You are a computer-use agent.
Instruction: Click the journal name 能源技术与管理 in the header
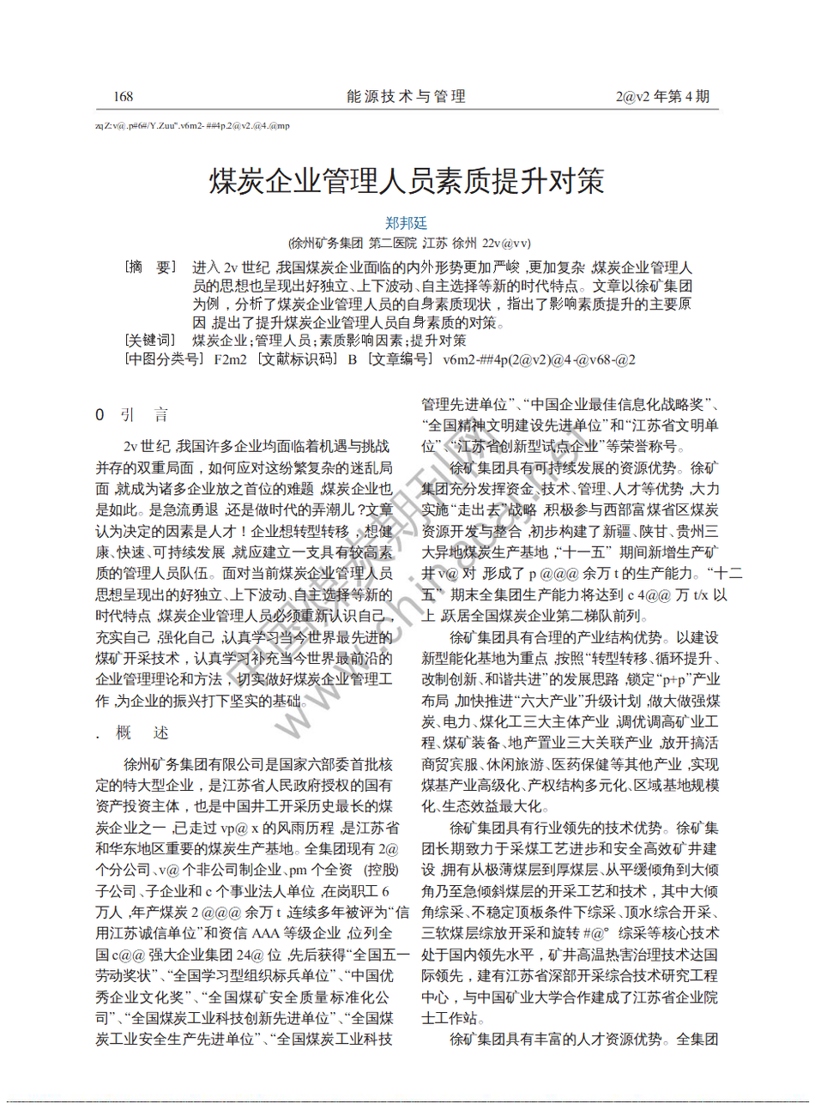[406, 97]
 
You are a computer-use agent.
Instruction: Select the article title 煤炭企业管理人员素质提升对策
[407, 181]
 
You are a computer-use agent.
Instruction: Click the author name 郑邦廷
[406, 223]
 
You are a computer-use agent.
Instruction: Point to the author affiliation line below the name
[408, 244]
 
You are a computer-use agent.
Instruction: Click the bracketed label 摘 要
[150, 268]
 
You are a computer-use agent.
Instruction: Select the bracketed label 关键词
[150, 341]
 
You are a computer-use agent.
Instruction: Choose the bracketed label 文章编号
[400, 359]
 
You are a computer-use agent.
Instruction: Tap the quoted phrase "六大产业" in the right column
[558, 701]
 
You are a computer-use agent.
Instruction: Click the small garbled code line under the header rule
[192, 126]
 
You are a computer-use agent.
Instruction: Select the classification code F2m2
[230, 359]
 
